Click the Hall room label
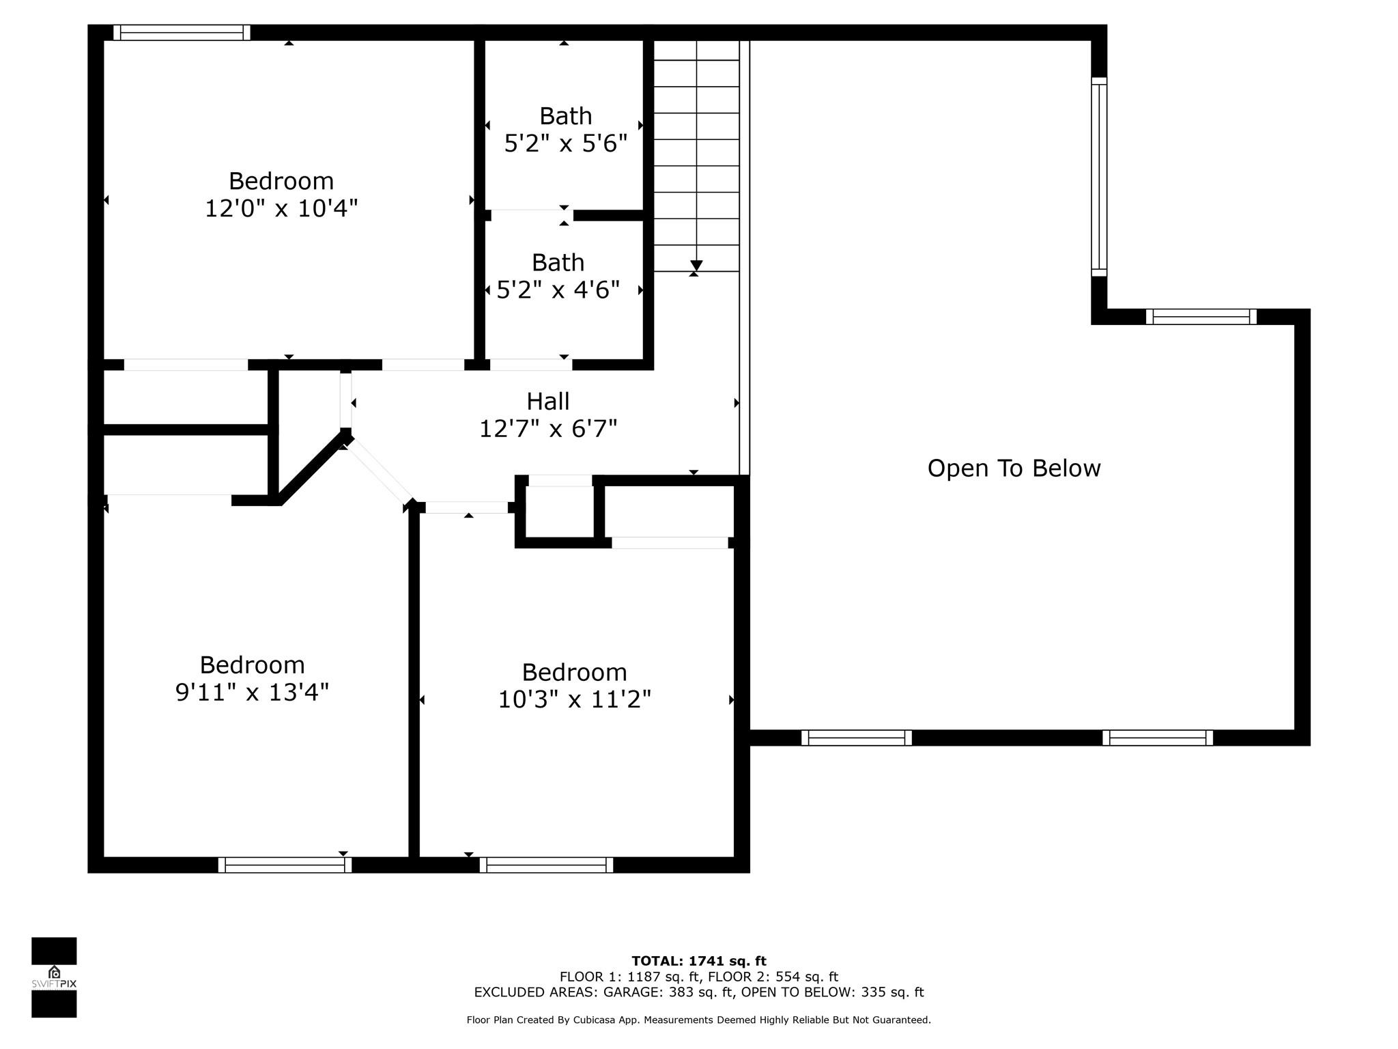click(x=547, y=401)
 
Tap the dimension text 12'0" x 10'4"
click(x=281, y=208)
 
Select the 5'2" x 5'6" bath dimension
click(x=565, y=143)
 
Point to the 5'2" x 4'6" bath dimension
click(x=558, y=290)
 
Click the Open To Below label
click(x=1014, y=468)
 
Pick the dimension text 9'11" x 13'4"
click(x=252, y=692)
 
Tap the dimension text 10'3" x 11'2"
click(x=574, y=699)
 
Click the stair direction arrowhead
click(x=696, y=265)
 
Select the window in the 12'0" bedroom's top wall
click(x=182, y=32)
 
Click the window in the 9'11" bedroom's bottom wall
click(x=285, y=865)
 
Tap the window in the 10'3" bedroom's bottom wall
click(x=546, y=865)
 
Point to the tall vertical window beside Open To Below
click(x=1099, y=176)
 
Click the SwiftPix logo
click(x=54, y=977)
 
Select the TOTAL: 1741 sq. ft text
click(x=699, y=961)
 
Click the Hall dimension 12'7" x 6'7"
click(x=548, y=429)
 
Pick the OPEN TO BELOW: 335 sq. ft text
click(x=833, y=992)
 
